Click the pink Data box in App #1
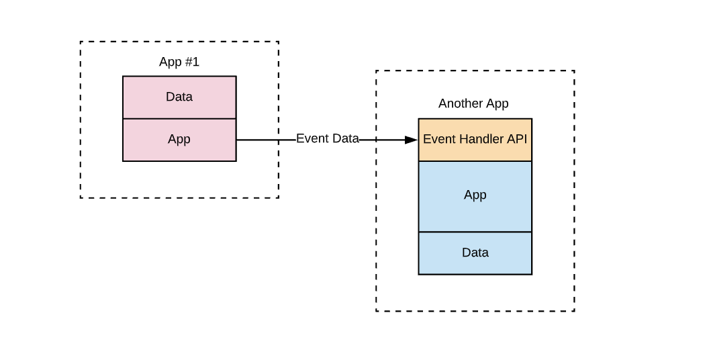click(179, 97)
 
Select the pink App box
click(179, 140)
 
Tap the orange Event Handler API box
click(475, 140)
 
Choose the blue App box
click(475, 195)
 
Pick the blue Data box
click(475, 253)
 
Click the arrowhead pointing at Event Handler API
click(411, 140)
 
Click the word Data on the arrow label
click(344, 138)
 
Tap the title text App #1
click(179, 62)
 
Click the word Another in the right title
click(460, 103)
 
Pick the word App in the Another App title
click(497, 103)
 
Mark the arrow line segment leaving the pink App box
click(265, 140)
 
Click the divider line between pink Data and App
click(179, 118)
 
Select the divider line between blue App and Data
click(475, 232)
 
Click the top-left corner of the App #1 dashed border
click(81, 42)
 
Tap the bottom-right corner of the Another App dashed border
click(574, 311)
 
